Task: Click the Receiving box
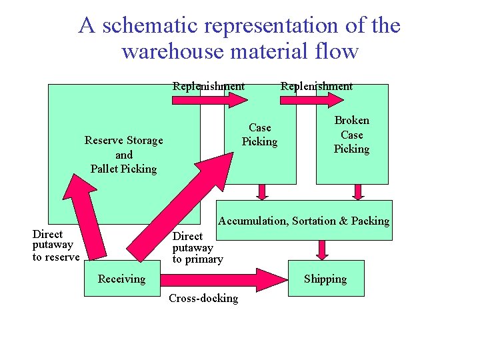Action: (121, 279)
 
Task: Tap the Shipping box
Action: (325, 279)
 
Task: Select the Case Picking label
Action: (259, 135)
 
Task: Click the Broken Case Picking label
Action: (351, 135)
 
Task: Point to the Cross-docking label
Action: (203, 298)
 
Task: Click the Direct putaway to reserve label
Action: (56, 245)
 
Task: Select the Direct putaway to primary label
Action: (197, 247)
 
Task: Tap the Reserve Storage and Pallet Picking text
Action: (124, 155)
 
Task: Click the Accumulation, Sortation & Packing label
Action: (304, 221)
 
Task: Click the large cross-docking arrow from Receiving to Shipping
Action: (220, 279)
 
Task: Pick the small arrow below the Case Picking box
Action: (262, 192)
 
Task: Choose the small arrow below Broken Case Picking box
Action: (358, 192)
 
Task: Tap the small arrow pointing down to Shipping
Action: (323, 249)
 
